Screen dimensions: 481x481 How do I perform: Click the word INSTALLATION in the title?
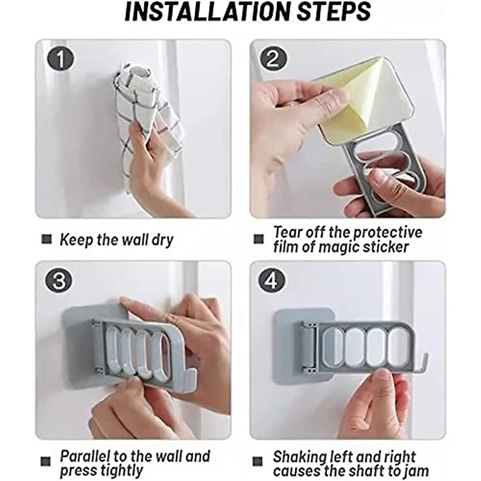click(209, 12)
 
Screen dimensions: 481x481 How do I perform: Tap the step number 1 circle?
click(61, 59)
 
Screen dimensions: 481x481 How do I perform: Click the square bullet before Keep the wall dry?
click(46, 239)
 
